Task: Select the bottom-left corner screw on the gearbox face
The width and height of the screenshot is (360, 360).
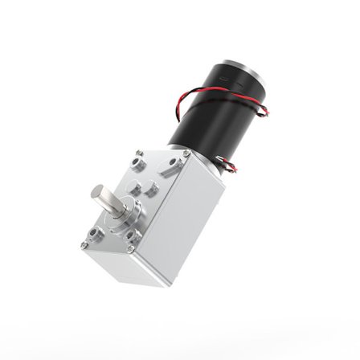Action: point(84,242)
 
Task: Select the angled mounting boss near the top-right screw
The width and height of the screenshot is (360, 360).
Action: point(168,166)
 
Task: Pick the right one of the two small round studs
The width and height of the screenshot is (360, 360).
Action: point(150,193)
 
